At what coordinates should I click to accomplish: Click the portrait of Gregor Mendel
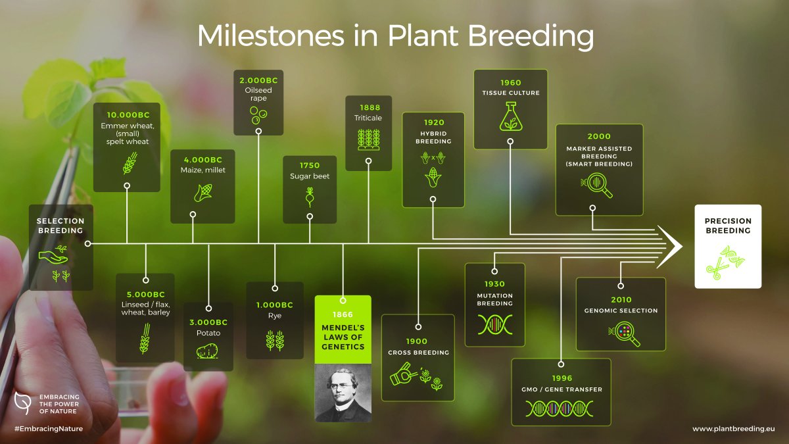click(343, 393)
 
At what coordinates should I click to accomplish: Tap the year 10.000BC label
click(126, 115)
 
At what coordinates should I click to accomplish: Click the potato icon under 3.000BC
click(208, 351)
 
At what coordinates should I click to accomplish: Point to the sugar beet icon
click(310, 197)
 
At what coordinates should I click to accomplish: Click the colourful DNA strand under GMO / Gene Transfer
click(561, 408)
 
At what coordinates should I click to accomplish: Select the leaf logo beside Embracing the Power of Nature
click(22, 402)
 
